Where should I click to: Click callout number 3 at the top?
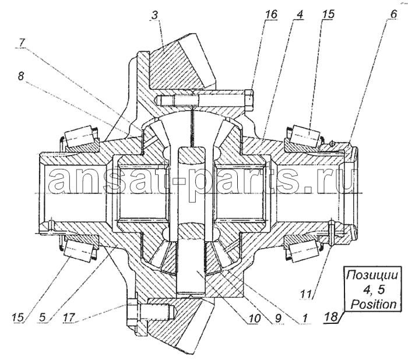[154, 15]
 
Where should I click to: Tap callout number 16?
[271, 15]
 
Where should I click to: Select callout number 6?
[393, 14]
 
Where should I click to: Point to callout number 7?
[22, 43]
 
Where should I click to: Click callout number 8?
[21, 76]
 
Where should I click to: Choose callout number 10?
[254, 317]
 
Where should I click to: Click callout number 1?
[305, 317]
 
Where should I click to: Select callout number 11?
[306, 294]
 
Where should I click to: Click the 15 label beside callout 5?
[18, 317]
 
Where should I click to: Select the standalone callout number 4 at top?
[299, 15]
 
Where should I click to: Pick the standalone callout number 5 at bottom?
[43, 317]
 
